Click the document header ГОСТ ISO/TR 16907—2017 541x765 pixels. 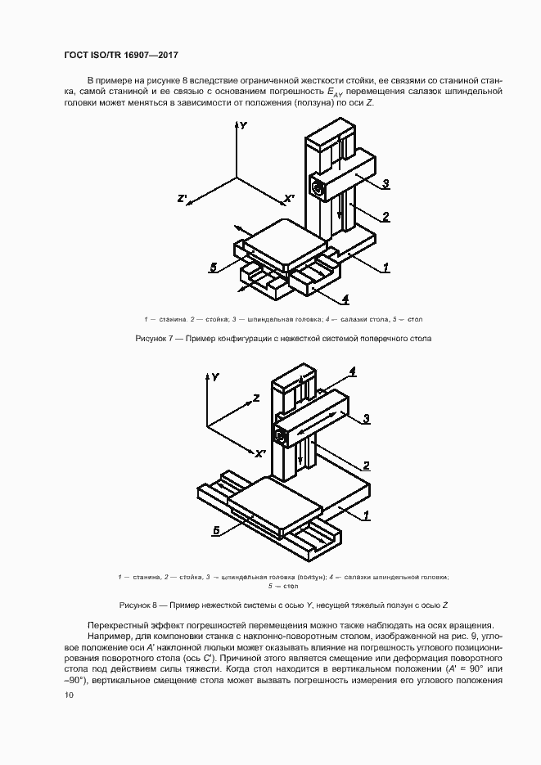120,56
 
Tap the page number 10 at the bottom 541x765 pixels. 68,695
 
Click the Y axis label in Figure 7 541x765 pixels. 244,126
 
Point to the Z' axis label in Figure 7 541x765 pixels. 183,199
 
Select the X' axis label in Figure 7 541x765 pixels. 289,199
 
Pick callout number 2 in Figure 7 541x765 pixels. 385,217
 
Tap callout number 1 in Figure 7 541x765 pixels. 385,267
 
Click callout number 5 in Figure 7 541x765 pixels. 213,267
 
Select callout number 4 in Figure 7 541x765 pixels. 345,298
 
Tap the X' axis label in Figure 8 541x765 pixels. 259,453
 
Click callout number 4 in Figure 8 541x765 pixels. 352,371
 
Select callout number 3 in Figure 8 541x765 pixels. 367,418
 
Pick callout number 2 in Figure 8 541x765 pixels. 367,466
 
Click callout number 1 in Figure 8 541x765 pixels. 367,515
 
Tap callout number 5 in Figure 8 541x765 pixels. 214,530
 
